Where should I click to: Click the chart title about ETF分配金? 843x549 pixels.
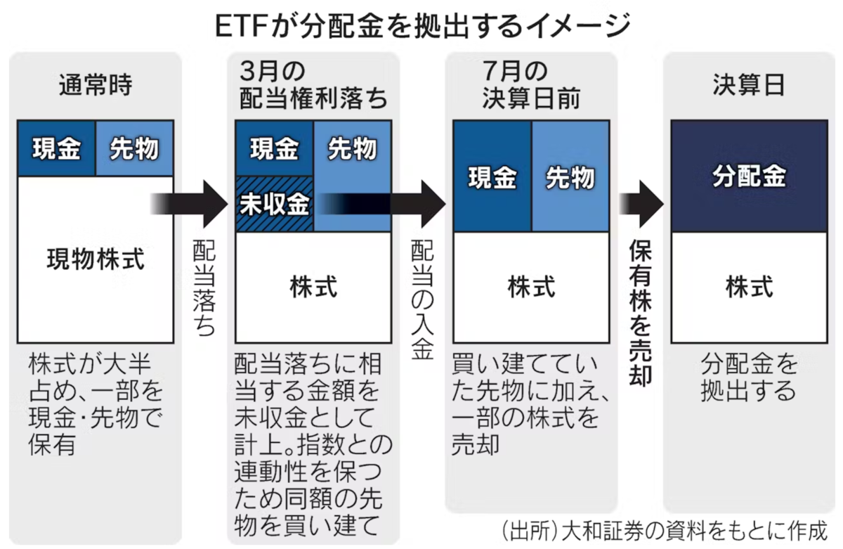tap(422, 25)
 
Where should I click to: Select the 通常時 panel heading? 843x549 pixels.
tap(96, 85)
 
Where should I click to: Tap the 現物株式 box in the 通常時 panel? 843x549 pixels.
tap(96, 259)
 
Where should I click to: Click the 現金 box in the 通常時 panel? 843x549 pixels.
tap(56, 148)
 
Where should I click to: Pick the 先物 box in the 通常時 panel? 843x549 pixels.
tap(135, 148)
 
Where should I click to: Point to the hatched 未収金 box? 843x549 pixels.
tap(275, 204)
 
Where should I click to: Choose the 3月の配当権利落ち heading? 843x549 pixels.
tap(313, 85)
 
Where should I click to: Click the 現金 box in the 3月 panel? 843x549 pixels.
tap(275, 148)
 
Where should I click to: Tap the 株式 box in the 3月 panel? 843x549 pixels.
tap(313, 288)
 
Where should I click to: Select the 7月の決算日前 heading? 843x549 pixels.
tap(531, 85)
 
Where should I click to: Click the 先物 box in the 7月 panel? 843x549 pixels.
tap(570, 176)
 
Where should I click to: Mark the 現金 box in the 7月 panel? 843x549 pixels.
tap(492, 176)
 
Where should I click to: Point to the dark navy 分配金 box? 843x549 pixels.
tap(750, 176)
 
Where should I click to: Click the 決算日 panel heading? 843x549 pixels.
tap(749, 85)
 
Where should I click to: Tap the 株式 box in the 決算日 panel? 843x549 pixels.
tap(750, 288)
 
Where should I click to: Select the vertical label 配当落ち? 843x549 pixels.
tap(204, 288)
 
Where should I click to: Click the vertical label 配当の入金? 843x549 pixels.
tap(422, 299)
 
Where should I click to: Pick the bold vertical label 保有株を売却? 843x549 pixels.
tap(640, 312)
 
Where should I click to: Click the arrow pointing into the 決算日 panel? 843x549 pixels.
tap(641, 204)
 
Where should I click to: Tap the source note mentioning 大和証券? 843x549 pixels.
tap(665, 531)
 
